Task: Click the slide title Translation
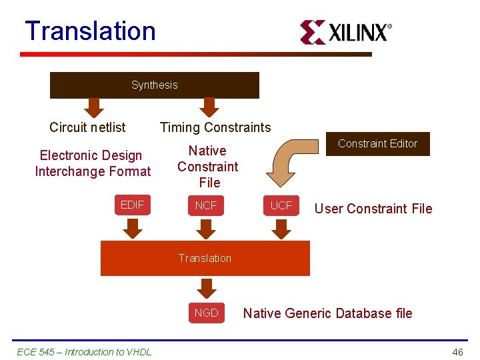(90, 31)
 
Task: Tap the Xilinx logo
(345, 32)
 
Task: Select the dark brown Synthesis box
(155, 85)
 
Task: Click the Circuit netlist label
(87, 127)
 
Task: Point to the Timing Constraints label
(215, 127)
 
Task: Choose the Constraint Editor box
(377, 143)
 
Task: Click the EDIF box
(132, 205)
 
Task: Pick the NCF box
(206, 205)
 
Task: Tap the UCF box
(281, 205)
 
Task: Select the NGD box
(206, 313)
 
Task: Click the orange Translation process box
(205, 258)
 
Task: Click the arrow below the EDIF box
(133, 229)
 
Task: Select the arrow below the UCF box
(281, 229)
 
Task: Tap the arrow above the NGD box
(207, 289)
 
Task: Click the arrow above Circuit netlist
(95, 107)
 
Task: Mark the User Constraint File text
(373, 209)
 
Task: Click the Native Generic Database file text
(327, 313)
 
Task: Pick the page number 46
(457, 352)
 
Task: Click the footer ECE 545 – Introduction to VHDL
(84, 352)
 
